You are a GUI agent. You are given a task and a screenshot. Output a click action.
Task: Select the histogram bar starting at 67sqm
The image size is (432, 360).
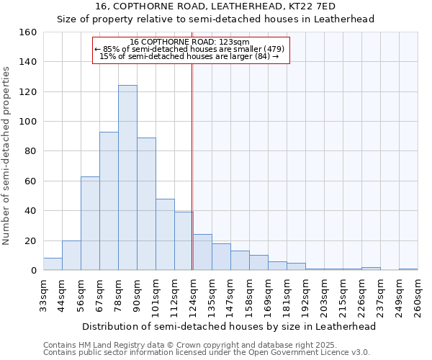pos(109,201)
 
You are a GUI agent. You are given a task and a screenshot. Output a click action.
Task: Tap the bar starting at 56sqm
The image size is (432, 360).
pos(90,223)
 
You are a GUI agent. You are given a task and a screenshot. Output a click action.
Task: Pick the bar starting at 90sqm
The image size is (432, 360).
pos(146,204)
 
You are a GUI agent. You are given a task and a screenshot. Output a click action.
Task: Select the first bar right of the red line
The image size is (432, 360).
pos(202,253)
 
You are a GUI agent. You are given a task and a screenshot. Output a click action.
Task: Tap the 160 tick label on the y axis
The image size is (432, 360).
pos(28,32)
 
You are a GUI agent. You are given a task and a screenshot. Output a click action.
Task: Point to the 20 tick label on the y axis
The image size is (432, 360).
pos(30,240)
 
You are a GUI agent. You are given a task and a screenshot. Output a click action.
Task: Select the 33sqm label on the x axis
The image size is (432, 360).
pos(48,295)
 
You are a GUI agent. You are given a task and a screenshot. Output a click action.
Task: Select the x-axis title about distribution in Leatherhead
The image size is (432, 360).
pos(229,326)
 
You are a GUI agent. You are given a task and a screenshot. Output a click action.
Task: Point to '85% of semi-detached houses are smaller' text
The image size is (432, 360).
pos(192,49)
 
